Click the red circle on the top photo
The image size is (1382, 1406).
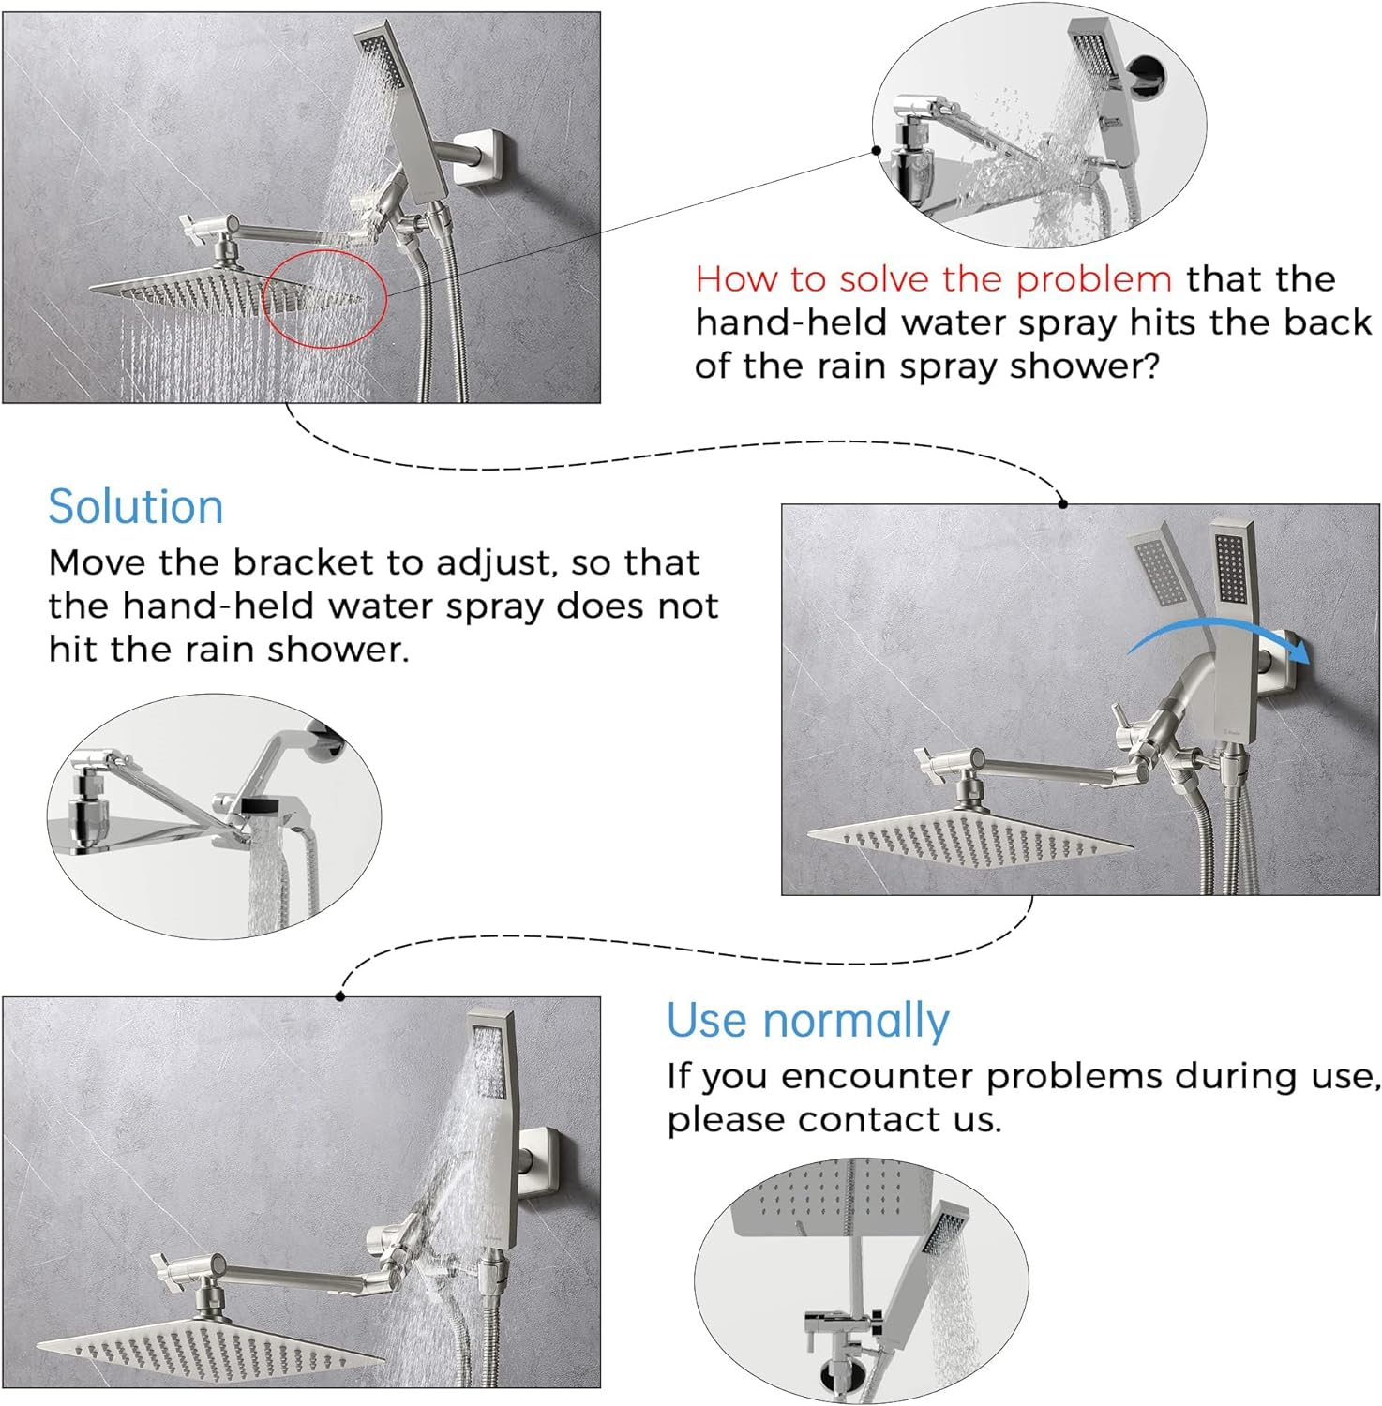click(x=324, y=298)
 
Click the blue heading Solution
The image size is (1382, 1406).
click(x=135, y=507)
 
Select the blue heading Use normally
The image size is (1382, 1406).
click(x=807, y=1020)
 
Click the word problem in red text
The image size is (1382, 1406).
click(x=1094, y=279)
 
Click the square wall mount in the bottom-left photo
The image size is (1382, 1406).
click(x=544, y=1162)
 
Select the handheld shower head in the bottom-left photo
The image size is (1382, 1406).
click(x=491, y=1078)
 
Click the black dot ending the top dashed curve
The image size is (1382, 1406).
click(x=1062, y=503)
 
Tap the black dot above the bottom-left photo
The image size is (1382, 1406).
click(x=340, y=995)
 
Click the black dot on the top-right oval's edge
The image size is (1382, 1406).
click(x=876, y=150)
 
